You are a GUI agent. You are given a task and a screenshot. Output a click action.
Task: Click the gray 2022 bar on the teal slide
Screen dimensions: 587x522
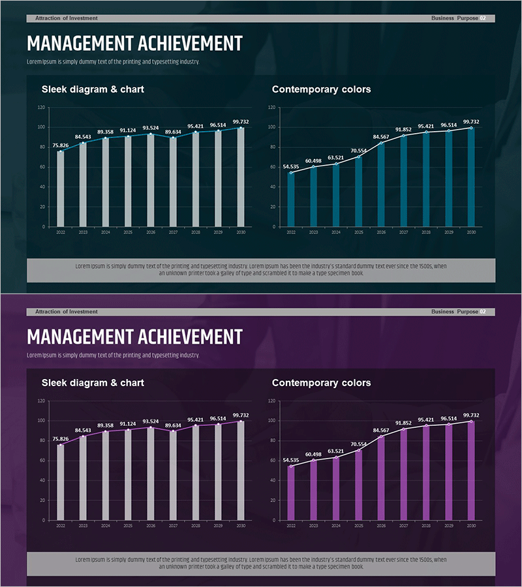click(61, 189)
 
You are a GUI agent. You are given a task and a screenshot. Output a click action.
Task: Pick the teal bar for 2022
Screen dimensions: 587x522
click(291, 200)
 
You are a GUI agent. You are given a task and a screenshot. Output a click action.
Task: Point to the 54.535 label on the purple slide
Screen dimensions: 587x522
click(291, 460)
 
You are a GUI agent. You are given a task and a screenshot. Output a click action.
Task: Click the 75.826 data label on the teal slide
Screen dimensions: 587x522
click(61, 145)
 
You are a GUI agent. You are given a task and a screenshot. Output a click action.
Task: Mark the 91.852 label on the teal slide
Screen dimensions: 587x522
click(405, 129)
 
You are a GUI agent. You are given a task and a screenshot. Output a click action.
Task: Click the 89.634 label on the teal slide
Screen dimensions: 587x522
click(173, 132)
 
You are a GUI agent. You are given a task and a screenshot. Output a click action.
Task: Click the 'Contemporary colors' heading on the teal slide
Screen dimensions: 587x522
click(321, 89)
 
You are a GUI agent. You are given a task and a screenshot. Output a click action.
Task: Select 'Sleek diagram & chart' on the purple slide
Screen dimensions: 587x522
click(93, 383)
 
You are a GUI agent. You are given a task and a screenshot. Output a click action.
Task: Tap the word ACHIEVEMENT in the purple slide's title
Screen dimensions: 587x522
click(189, 337)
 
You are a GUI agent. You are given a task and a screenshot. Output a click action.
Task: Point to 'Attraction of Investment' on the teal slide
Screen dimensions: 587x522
click(67, 18)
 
